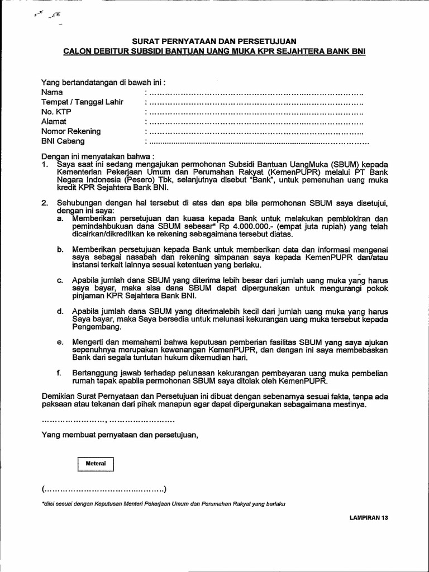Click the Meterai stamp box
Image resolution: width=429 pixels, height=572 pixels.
[x=96, y=464]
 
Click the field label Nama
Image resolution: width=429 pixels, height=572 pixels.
[x=52, y=92]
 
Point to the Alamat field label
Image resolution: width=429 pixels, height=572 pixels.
[x=54, y=121]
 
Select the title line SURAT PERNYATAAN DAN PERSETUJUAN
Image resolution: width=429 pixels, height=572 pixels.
[x=214, y=41]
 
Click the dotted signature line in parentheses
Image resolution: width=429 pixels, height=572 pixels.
[x=103, y=490]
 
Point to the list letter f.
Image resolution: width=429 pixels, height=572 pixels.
[x=59, y=373]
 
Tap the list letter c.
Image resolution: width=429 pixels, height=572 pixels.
[x=59, y=279]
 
